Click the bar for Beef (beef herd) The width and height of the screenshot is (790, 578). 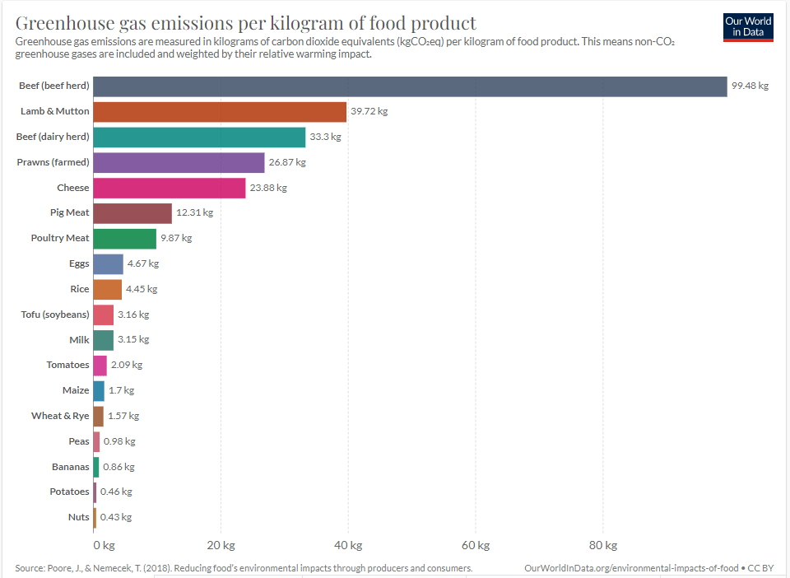tap(410, 86)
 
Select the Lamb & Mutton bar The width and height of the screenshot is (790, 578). tap(220, 112)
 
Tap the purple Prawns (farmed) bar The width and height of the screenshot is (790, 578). tap(179, 162)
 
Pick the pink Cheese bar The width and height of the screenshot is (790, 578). tap(169, 188)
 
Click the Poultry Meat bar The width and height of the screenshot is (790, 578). tap(124, 239)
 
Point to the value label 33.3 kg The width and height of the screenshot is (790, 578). tap(325, 137)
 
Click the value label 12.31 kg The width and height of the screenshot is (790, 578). tap(194, 212)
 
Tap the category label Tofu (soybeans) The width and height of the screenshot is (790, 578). tap(55, 315)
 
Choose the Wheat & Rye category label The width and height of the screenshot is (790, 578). tap(60, 416)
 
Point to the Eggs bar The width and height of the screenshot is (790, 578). tap(108, 264)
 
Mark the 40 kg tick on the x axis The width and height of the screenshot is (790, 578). tap(348, 545)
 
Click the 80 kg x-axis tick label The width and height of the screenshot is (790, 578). tap(603, 545)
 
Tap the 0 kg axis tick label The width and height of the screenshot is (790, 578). tap(104, 545)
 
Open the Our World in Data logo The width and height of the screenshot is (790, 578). tap(748, 26)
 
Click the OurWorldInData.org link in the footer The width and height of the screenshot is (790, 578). tap(630, 568)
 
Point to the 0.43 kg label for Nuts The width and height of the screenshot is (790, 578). tap(116, 517)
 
